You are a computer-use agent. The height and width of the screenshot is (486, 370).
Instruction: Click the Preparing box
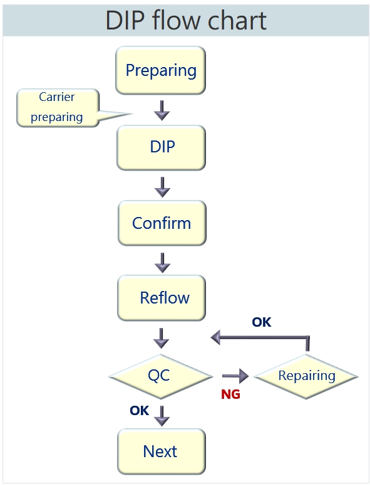[160, 70]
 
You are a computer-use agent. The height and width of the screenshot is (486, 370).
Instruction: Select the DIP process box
[161, 147]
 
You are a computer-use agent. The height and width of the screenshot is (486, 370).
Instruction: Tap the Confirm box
[162, 223]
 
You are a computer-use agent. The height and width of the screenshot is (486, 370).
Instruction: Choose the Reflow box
[161, 298]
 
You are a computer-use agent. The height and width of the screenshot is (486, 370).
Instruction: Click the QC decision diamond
[160, 376]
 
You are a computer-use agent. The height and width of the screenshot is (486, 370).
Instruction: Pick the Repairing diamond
[306, 376]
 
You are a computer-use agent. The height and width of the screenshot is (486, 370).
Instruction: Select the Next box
[161, 452]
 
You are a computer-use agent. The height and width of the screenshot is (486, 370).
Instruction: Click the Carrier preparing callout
[58, 108]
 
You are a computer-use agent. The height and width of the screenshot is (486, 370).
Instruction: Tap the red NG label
[231, 394]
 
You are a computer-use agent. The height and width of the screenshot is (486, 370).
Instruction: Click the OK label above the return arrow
[262, 322]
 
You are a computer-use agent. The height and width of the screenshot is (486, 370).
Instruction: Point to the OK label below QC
[140, 411]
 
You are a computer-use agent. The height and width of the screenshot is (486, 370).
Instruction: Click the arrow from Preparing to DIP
[162, 110]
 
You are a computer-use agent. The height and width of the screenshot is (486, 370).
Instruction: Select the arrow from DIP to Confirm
[162, 188]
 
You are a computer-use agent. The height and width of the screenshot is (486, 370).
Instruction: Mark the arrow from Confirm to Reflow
[162, 263]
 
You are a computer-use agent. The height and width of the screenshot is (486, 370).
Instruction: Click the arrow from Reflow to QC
[161, 339]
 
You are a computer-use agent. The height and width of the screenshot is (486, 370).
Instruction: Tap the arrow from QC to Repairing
[235, 376]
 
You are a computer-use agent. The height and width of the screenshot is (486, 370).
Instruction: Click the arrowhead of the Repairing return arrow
[215, 337]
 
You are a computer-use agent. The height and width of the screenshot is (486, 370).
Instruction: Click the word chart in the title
[237, 21]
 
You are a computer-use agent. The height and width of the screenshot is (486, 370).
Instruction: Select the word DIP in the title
[125, 21]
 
